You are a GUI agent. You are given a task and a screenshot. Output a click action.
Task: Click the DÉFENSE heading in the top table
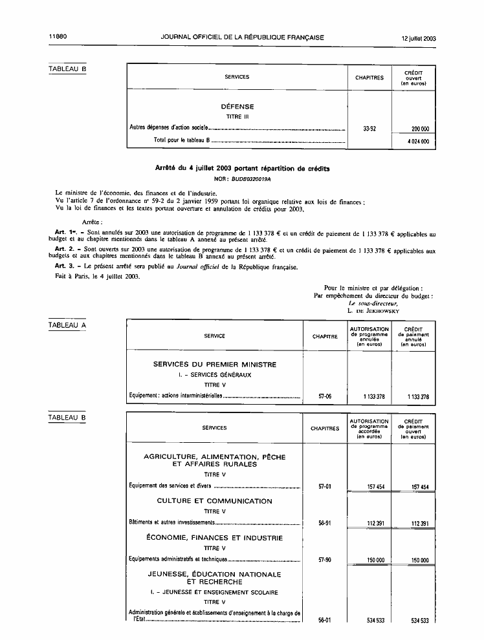pos(237,107)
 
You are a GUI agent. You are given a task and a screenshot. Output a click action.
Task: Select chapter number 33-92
pos(369,129)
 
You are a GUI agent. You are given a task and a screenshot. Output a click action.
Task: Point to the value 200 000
pos(420,129)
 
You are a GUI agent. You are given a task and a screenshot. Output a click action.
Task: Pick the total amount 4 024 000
pos(420,140)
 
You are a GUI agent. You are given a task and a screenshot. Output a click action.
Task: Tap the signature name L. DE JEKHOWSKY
pos(373,310)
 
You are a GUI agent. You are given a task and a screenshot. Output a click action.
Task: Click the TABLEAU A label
pos(67,325)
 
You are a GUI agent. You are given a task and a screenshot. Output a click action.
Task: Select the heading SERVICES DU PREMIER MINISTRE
pos(214,365)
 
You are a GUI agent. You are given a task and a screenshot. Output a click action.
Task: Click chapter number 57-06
pos(325,396)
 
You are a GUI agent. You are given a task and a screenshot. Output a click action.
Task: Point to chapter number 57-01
pos(325,487)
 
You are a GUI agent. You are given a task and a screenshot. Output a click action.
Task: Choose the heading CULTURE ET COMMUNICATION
pos(214,501)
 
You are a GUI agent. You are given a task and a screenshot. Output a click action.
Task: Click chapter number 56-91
pos(325,524)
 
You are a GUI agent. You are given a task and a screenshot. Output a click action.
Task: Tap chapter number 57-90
pos(325,560)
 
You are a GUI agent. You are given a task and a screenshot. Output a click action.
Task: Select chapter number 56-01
pos(325,621)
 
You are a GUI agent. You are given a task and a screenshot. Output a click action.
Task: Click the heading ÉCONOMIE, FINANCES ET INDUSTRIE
pos(214,538)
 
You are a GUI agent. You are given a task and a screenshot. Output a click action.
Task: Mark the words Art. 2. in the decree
pos(67,249)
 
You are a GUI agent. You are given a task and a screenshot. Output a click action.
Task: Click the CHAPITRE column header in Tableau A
pos(325,336)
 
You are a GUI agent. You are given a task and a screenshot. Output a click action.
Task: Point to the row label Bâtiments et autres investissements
pos(171,523)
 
